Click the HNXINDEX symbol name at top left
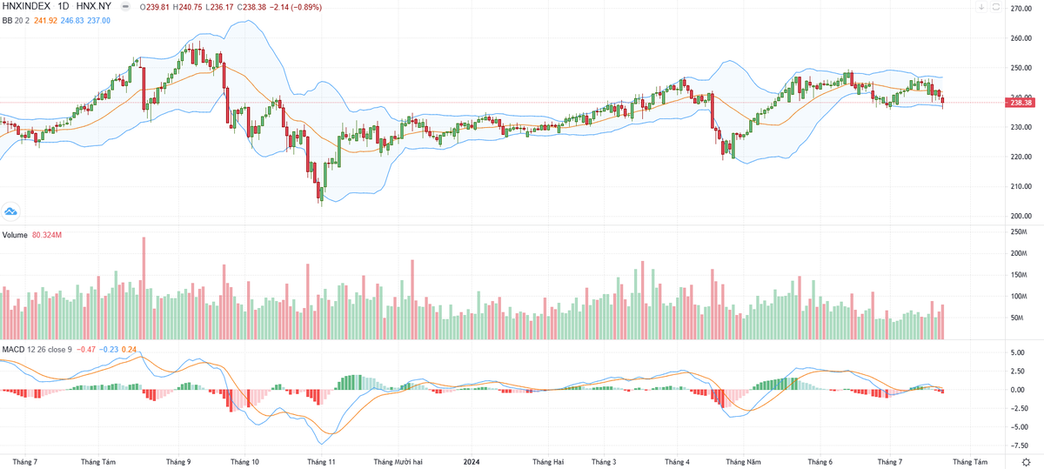(x=25, y=6)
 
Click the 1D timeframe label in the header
(x=64, y=6)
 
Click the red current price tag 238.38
(x=1021, y=103)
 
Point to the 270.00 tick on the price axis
(x=1021, y=9)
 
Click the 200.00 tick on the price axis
(x=1021, y=216)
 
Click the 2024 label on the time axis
(x=472, y=462)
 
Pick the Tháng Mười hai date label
(x=398, y=462)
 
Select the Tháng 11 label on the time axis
(x=321, y=462)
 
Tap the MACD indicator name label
(x=13, y=349)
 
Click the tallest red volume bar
(x=144, y=288)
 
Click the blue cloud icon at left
(x=11, y=211)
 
